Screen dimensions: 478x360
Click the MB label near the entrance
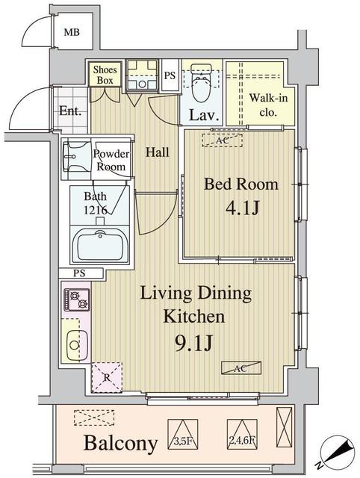[x=71, y=32]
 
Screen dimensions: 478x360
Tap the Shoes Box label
[x=103, y=75]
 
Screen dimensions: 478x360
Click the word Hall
[x=157, y=152]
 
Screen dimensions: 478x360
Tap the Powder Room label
[x=111, y=161]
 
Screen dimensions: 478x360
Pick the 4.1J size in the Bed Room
[x=242, y=209]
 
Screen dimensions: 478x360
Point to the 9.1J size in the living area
[x=195, y=344]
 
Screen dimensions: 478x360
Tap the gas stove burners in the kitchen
[x=78, y=300]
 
